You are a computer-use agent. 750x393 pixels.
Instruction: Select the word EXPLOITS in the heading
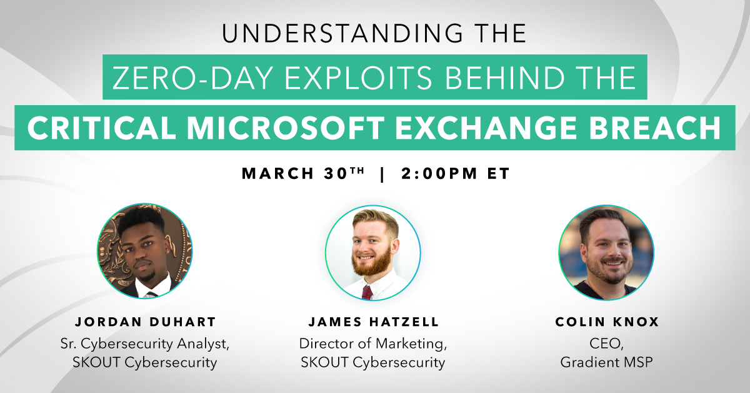(358, 78)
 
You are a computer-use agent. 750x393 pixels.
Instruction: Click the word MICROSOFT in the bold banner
(286, 128)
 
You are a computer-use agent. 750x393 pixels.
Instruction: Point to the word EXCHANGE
(486, 128)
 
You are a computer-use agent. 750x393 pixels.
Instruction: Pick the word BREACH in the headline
(655, 128)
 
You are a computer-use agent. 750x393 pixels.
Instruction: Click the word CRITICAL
(102, 128)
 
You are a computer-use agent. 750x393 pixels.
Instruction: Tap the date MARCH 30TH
(303, 173)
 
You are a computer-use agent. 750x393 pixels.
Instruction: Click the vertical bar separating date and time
(382, 174)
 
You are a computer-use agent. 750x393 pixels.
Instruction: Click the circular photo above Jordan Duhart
(144, 251)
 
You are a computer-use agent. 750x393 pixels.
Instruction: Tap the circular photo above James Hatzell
(373, 253)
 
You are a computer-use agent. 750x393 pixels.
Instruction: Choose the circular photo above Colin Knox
(606, 252)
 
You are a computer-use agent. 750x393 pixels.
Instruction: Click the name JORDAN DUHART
(145, 322)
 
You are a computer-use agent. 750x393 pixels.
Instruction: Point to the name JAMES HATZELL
(373, 322)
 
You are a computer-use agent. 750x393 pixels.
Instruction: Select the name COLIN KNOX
(607, 322)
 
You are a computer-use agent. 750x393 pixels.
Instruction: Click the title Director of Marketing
(373, 344)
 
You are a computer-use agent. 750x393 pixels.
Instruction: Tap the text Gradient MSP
(607, 362)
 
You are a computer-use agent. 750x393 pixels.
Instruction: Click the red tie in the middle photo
(367, 292)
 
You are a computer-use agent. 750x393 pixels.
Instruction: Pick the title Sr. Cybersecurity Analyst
(145, 344)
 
